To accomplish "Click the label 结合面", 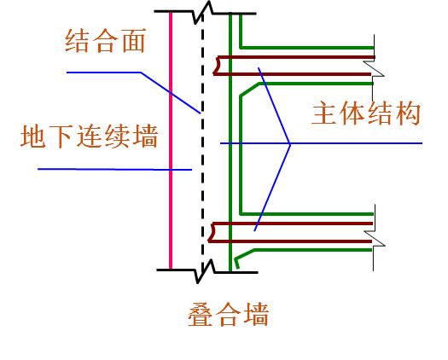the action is click(x=106, y=41).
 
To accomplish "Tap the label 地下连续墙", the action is click(x=90, y=136).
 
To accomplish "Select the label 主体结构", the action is click(x=366, y=113).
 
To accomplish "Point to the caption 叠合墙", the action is click(x=229, y=315).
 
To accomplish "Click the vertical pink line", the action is click(x=171, y=141).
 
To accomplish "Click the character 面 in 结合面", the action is click(x=134, y=41).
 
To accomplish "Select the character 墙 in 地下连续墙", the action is click(x=146, y=136).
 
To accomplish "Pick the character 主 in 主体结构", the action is click(x=324, y=113).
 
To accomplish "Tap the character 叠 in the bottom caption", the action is click(x=201, y=315).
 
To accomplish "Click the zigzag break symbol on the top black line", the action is click(x=203, y=12).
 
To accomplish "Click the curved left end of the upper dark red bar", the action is click(x=216, y=66).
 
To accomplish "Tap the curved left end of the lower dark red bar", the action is click(x=212, y=232).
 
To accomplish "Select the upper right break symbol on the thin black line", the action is click(x=374, y=69).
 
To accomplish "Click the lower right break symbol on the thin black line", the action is click(x=375, y=238).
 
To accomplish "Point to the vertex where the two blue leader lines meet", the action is click(x=290, y=143).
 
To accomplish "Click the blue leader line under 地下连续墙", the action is click(x=114, y=170).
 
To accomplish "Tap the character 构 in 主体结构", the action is click(x=408, y=113).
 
